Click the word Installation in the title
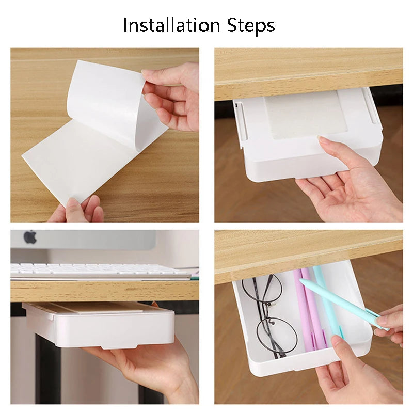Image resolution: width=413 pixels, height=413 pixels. (171, 25)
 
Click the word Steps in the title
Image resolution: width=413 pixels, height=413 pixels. (251, 25)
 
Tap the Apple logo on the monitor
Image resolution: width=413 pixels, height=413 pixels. (30, 236)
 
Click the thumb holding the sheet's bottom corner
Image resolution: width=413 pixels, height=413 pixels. (75, 211)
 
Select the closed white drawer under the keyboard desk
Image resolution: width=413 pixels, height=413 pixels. (99, 325)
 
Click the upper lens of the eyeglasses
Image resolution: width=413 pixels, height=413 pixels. (262, 289)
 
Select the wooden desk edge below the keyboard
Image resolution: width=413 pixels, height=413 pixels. (105, 291)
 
